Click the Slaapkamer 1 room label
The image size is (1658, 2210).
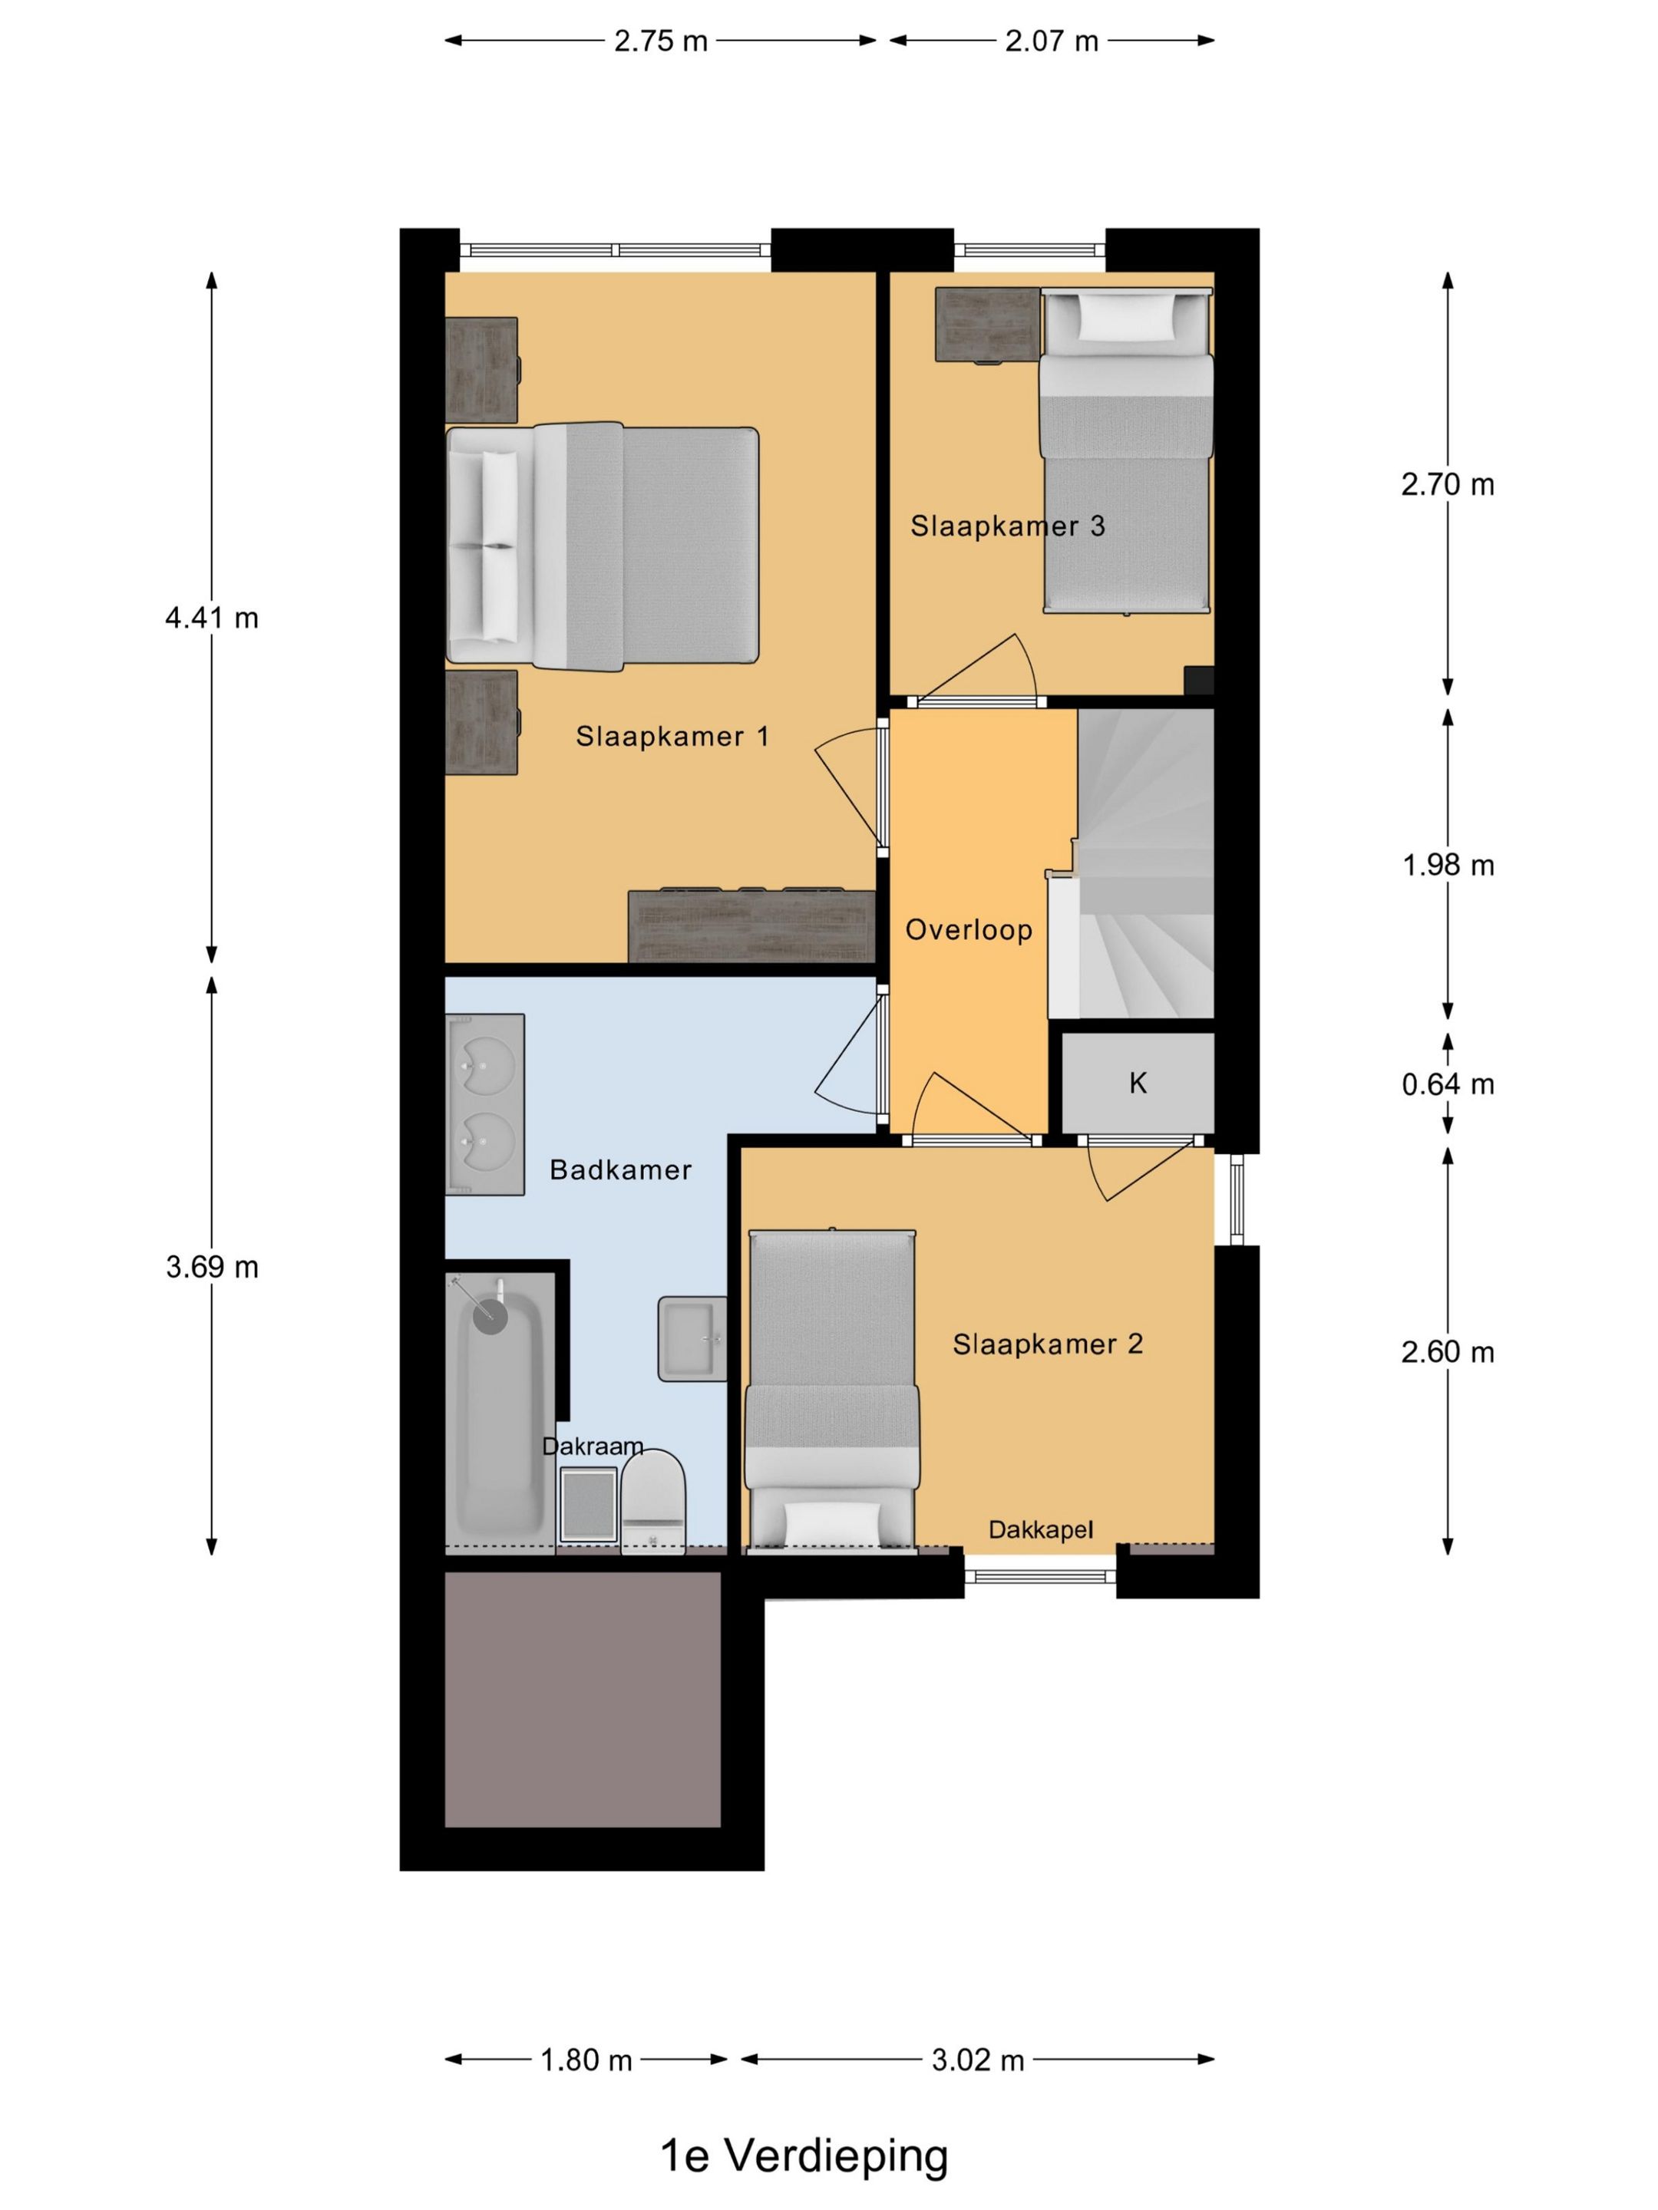click(672, 737)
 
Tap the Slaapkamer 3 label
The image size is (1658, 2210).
click(1007, 526)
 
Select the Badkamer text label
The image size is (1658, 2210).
click(621, 1170)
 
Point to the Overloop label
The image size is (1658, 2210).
click(969, 930)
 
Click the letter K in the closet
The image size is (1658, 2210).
click(1138, 1083)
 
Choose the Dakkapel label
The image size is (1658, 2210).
click(1040, 1529)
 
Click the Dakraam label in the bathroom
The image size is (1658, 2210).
click(593, 1446)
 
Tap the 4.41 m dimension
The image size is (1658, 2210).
click(212, 618)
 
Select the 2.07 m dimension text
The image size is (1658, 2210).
click(1052, 41)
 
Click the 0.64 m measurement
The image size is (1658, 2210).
click(1447, 1084)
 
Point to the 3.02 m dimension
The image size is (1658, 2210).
click(977, 2060)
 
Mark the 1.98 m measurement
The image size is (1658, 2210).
click(1447, 866)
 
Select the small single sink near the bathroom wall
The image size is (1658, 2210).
click(692, 1339)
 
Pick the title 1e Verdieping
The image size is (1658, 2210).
click(804, 2155)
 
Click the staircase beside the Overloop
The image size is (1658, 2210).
click(1145, 863)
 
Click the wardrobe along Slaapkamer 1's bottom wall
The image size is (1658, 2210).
click(751, 926)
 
